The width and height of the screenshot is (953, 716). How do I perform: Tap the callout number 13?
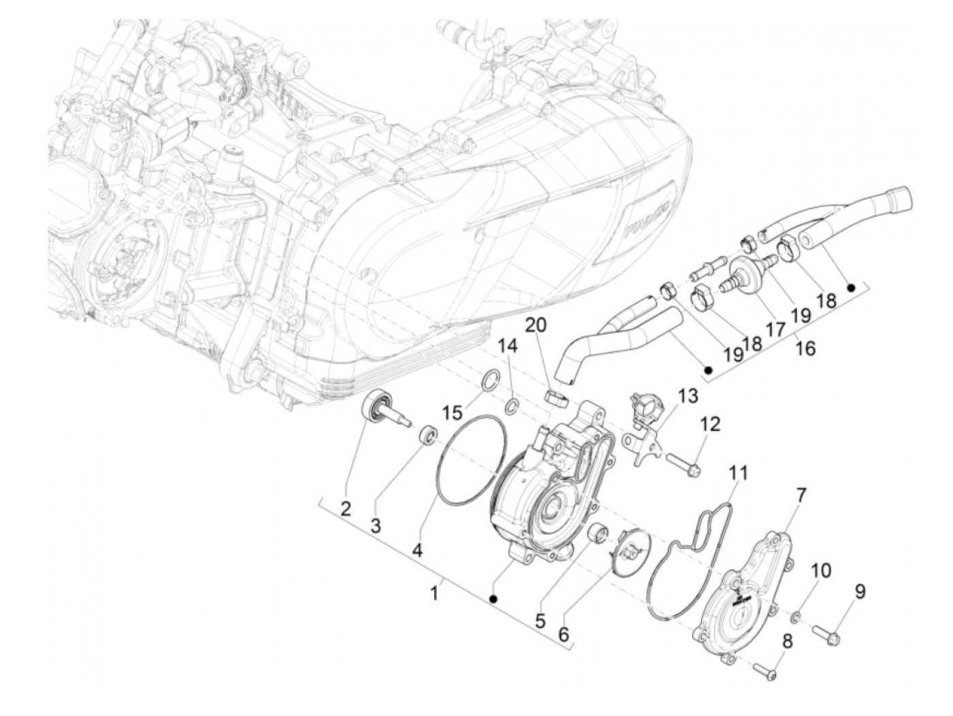[688, 395]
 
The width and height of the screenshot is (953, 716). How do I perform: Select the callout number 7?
[802, 495]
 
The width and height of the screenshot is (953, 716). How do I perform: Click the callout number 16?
[805, 348]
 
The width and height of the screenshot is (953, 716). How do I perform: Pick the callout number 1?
[434, 593]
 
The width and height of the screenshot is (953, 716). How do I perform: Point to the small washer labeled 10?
[796, 617]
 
